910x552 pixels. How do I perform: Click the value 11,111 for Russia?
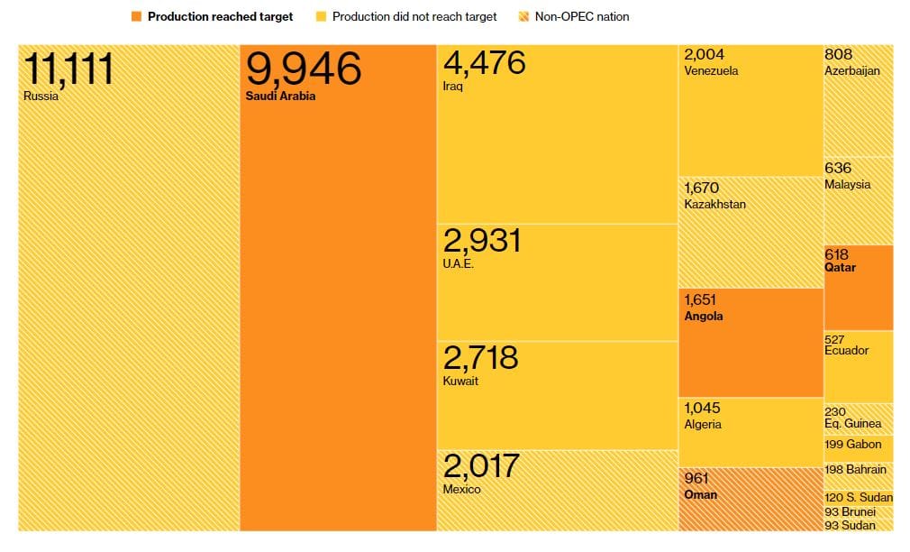[x=69, y=69]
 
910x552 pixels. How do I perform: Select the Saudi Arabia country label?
[x=280, y=97]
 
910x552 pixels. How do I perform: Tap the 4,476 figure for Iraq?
[x=484, y=65]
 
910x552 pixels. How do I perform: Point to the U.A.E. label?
[x=458, y=264]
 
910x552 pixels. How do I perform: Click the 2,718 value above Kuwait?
[x=480, y=357]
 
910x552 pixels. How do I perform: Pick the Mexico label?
[x=461, y=490]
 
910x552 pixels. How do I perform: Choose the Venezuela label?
[x=711, y=71]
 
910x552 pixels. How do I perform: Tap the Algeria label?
[x=703, y=425]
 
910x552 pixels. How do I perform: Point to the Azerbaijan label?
[x=852, y=71]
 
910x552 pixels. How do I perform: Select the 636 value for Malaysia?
[x=837, y=169]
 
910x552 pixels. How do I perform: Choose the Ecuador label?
[x=847, y=351]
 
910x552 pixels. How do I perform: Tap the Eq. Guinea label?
[x=852, y=424]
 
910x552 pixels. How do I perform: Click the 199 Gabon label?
[x=852, y=445]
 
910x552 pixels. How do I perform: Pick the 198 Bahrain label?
[x=855, y=470]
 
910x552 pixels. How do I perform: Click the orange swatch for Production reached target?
[x=136, y=17]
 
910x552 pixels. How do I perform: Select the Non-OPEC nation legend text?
[x=582, y=17]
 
